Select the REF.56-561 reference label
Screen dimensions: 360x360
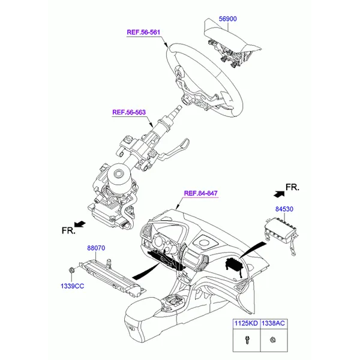tap(143, 32)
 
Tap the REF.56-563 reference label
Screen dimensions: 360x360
tap(128, 112)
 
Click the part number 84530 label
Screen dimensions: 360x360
tap(284, 209)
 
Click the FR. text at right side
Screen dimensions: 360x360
tap(292, 188)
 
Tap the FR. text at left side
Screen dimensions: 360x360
tap(67, 230)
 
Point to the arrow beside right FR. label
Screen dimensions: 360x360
tap(277, 193)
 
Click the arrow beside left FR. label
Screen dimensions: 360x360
tap(80, 223)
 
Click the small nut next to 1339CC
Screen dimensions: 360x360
tap(71, 271)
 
